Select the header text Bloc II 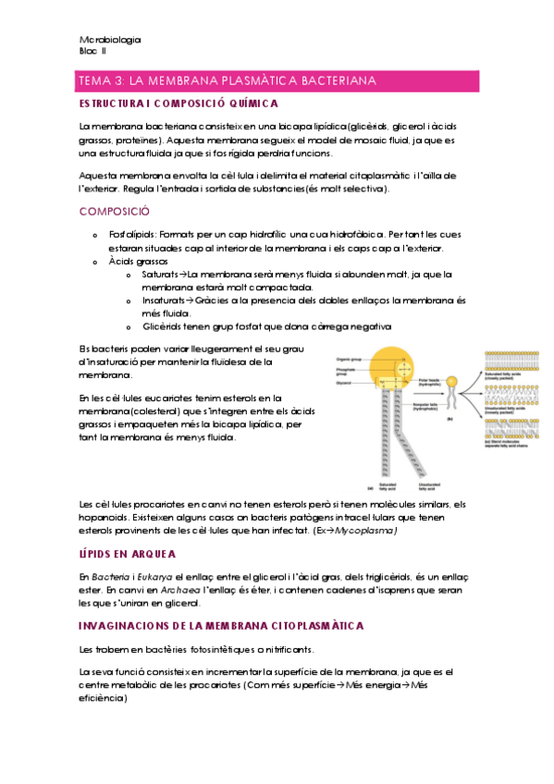click(x=93, y=52)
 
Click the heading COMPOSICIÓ click(x=116, y=211)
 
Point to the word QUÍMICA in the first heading click(x=249, y=104)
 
